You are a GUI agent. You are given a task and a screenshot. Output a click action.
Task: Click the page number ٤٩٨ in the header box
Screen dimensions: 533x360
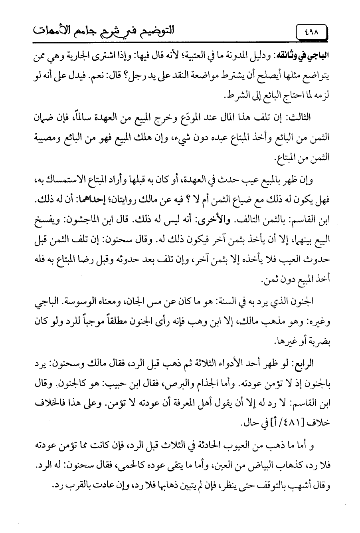311,31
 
